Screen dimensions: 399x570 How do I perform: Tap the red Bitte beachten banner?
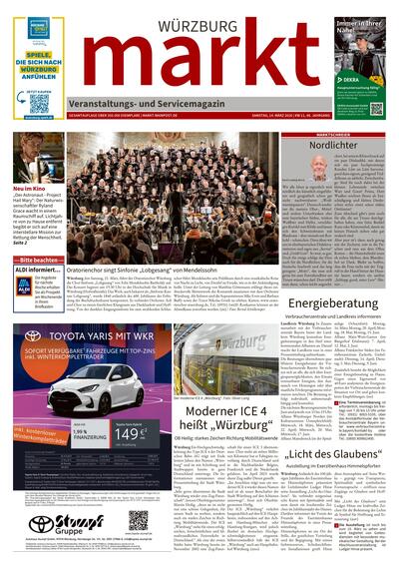[x=40, y=259]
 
